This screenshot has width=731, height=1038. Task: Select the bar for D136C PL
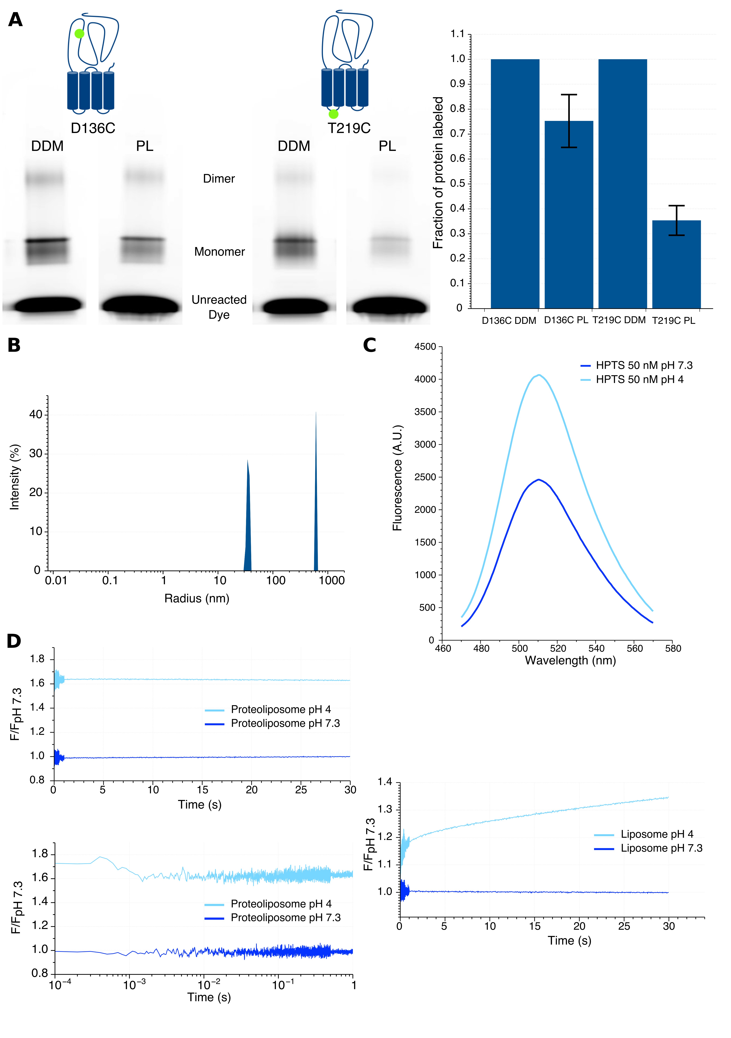[x=569, y=215]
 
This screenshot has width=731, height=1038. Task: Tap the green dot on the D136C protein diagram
[x=79, y=33]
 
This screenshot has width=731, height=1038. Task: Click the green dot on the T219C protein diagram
[x=333, y=114]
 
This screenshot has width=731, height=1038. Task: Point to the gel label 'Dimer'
[x=219, y=179]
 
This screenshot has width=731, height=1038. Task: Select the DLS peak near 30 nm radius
[x=247, y=515]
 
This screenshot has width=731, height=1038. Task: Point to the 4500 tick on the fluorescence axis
[x=425, y=347]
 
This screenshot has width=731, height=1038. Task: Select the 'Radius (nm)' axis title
[x=197, y=599]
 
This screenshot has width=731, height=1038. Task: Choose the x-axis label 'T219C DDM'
[x=619, y=320]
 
